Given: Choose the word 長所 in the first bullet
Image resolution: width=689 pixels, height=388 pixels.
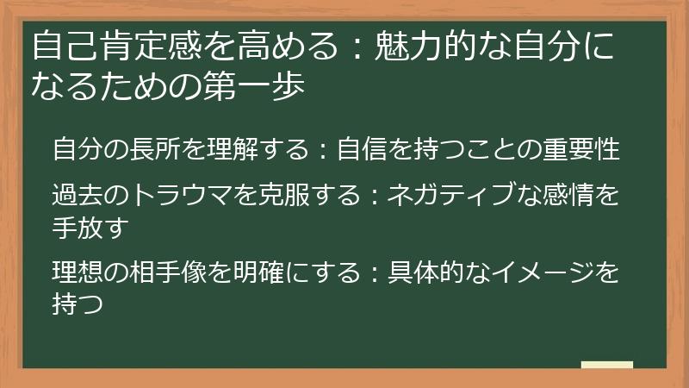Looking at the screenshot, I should pyautogui.click(x=152, y=149).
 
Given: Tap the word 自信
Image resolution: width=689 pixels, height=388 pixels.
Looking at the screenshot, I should pyautogui.click(x=360, y=149).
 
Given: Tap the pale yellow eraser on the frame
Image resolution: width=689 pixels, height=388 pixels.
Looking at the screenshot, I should pyautogui.click(x=607, y=366).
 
